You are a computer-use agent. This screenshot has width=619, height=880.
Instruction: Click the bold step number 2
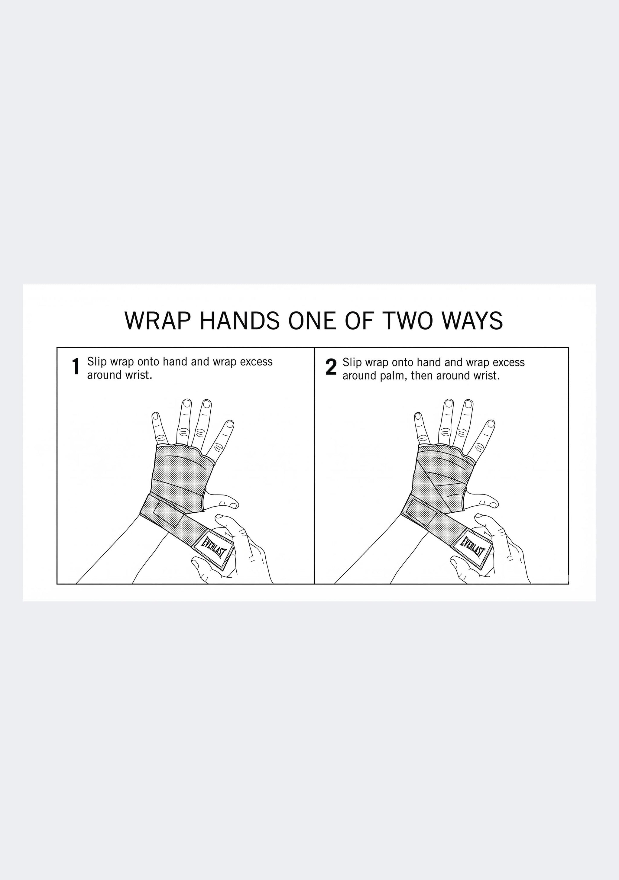tap(331, 367)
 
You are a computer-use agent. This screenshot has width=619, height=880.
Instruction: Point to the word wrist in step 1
tap(140, 375)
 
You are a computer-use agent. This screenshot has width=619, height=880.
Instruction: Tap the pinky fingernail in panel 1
tap(156, 416)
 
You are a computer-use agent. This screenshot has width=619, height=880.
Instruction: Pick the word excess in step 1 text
tap(256, 362)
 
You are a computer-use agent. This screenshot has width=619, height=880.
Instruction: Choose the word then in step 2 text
tap(422, 376)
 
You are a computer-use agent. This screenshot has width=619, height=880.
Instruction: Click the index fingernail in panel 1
tap(229, 424)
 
